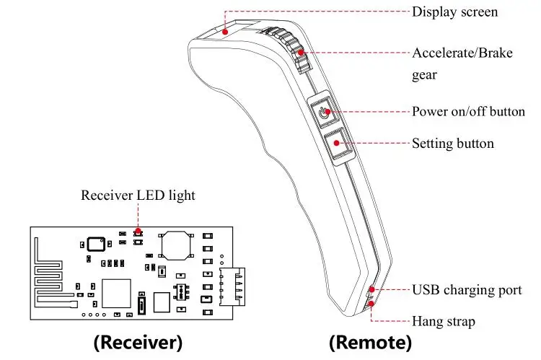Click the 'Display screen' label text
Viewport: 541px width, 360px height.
click(454, 12)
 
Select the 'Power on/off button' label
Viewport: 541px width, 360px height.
click(468, 112)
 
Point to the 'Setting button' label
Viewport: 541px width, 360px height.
click(452, 144)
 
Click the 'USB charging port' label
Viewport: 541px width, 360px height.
click(467, 290)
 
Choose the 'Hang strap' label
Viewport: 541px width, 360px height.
click(443, 321)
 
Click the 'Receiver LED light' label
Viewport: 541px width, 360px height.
click(137, 195)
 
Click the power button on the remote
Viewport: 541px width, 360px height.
click(326, 112)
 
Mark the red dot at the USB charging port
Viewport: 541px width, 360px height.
click(372, 290)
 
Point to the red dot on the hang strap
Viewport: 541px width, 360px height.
click(372, 304)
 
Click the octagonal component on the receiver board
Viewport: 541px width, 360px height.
click(177, 245)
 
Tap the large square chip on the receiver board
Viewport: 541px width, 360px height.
click(116, 292)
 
